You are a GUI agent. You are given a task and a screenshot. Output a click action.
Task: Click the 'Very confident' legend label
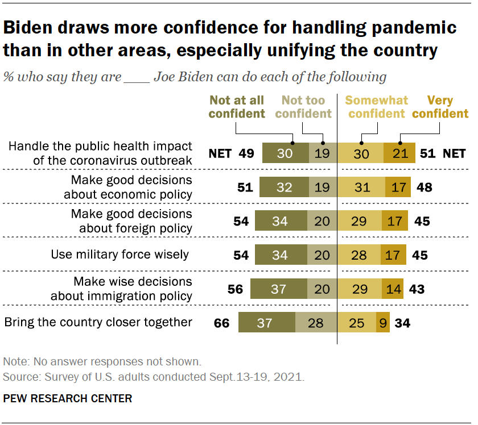pyautogui.click(x=440, y=107)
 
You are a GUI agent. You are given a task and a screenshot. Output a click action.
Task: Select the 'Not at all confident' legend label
pyautogui.click(x=237, y=107)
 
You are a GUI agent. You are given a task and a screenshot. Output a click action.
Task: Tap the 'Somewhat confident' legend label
pyautogui.click(x=376, y=107)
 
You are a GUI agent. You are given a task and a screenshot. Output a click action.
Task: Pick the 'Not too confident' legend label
pyautogui.click(x=303, y=107)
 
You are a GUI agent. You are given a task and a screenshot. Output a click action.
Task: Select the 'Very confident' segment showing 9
pyautogui.click(x=384, y=323)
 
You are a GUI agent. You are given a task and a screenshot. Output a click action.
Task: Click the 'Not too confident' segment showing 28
pyautogui.click(x=316, y=323)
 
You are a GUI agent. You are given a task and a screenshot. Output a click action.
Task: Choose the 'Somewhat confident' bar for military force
pyautogui.click(x=360, y=255)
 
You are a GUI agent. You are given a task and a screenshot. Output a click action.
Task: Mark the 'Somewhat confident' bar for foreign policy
pyautogui.click(x=360, y=221)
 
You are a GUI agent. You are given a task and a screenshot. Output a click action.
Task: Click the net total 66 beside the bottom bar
pyautogui.click(x=221, y=323)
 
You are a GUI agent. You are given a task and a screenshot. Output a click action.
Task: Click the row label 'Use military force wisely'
pyautogui.click(x=119, y=255)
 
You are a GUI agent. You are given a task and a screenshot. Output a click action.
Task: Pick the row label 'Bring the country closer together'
pyautogui.click(x=98, y=322)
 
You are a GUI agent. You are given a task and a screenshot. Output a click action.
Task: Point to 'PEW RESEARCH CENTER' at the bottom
pyautogui.click(x=68, y=398)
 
